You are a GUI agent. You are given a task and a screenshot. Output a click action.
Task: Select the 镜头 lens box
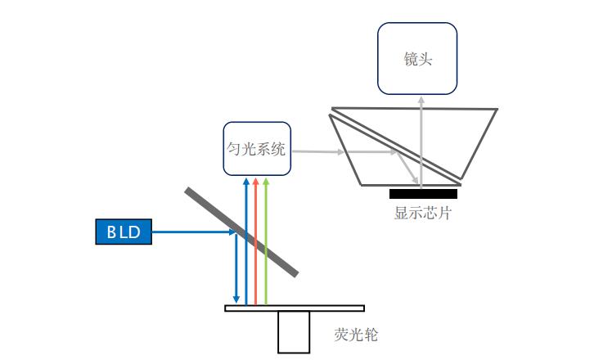pos(417,59)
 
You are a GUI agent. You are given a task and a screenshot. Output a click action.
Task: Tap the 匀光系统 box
pos(256,149)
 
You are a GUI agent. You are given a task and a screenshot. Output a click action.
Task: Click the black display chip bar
pos(423,194)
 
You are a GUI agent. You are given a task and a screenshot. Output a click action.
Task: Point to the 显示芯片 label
pos(422,214)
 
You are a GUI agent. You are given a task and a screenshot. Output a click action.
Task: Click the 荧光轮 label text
pos(356,335)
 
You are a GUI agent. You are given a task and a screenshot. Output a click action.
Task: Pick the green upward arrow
pos(266,245)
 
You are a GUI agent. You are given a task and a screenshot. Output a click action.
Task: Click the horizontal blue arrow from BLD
pos(192,232)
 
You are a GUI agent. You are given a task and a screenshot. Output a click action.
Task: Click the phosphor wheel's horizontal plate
pos(295,308)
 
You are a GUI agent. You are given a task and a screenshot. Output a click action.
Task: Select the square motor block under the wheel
pos(294,332)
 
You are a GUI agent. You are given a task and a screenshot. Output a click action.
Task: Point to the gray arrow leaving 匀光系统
pos(319,151)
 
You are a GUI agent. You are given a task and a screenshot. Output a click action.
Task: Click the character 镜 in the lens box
pos(410,60)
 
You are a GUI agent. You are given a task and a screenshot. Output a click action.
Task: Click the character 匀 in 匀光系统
pos(234,149)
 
